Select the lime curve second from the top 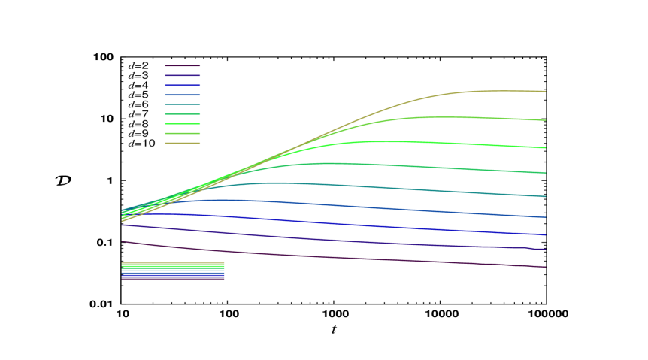[451, 117]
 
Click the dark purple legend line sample [183, 66]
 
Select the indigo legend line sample [183, 76]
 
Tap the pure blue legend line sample [183, 86]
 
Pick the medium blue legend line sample [183, 95]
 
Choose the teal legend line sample [183, 104]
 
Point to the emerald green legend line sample [183, 114]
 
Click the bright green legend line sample [183, 123]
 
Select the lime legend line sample [183, 133]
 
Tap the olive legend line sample [183, 143]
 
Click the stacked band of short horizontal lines [173, 271]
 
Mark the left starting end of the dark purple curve [123, 241]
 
